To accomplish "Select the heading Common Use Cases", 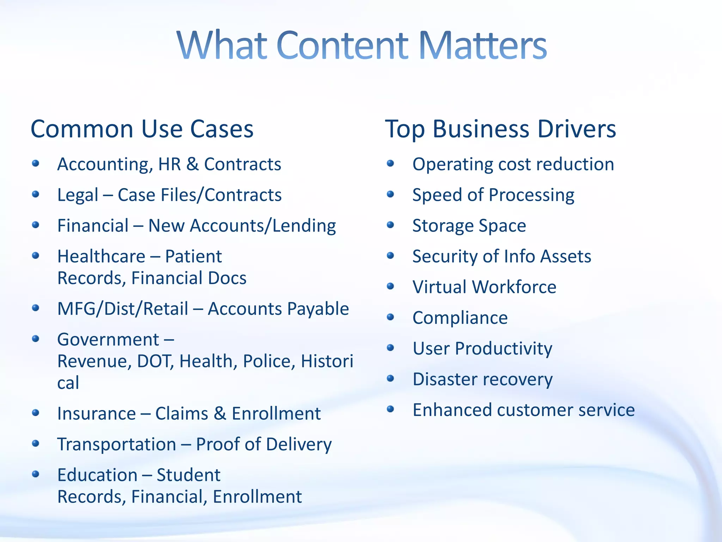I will pos(142,129).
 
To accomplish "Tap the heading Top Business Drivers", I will pos(500,129).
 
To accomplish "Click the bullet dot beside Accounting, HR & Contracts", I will pos(35,163).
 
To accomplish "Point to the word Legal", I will pos(78,195).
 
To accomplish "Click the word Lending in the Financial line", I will pos(304,226).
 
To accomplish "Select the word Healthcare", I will pos(101,256).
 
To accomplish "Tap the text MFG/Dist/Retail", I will pos(123,309).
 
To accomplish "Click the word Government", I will pos(108,339).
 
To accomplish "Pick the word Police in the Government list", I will pos(269,361).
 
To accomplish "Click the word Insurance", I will pos(97,414).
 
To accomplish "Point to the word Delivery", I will pos(299,444).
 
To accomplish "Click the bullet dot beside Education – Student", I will pos(35,474).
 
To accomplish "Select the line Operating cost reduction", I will pos(513,164).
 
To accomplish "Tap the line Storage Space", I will pos(469,226).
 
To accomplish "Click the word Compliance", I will pos(460,318).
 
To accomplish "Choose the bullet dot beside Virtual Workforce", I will pos(390,286).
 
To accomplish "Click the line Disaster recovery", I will pos(482,379).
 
